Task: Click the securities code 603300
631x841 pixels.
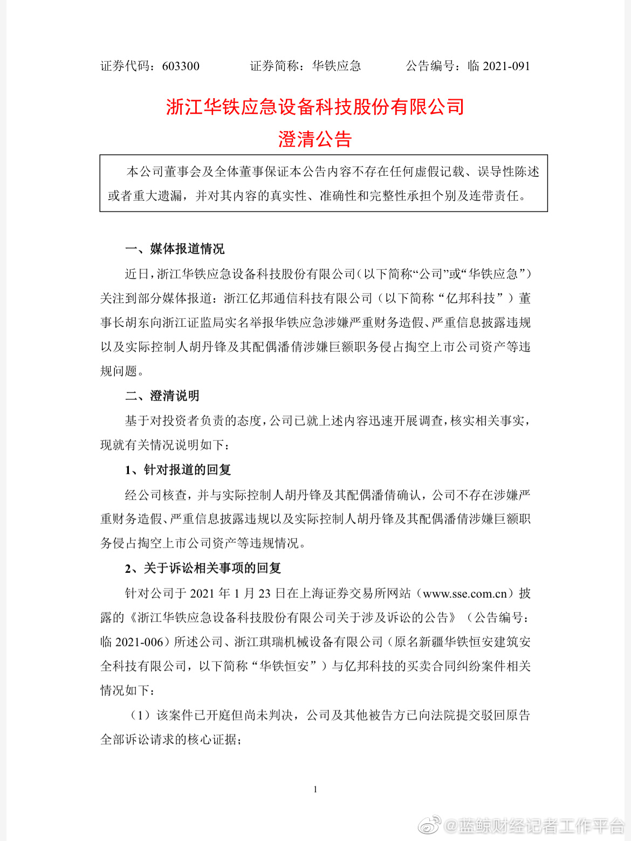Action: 180,66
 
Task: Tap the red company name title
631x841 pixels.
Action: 315,107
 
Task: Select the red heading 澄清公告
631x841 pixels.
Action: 315,139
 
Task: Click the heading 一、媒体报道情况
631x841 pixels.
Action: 175,249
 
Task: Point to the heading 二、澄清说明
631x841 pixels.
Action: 162,396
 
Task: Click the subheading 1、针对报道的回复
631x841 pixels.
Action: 178,470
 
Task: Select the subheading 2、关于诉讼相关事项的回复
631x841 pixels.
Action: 203,568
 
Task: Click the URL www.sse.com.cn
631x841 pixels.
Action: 465,593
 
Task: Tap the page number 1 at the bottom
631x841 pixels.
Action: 315,789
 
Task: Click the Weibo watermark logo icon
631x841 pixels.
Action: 429,824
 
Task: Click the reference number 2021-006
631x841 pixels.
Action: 139,642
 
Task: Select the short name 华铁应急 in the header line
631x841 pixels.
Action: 337,66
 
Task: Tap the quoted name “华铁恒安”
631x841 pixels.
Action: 284,666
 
